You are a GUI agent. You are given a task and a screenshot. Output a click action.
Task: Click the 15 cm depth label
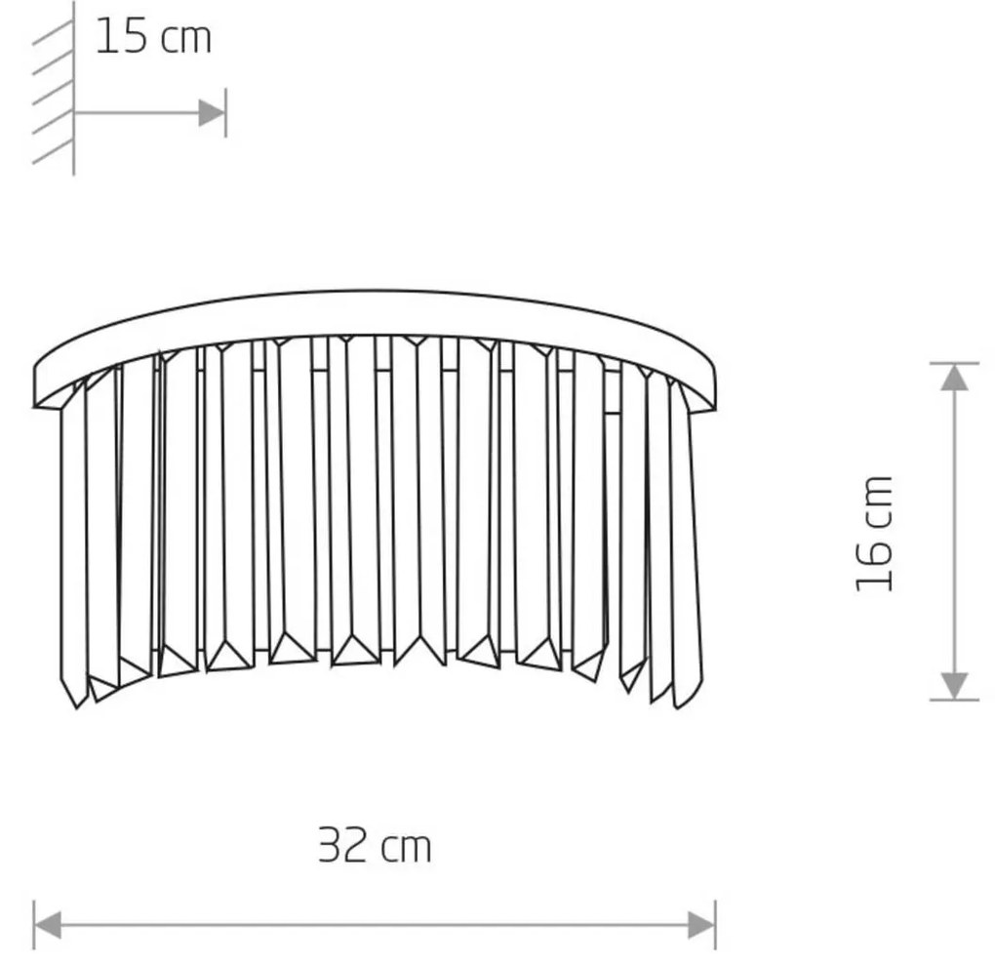[x=153, y=37]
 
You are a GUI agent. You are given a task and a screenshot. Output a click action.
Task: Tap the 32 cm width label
[x=375, y=845]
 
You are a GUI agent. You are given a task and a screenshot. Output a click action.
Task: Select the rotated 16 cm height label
[x=874, y=534]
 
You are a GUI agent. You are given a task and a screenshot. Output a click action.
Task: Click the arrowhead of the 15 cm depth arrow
[x=212, y=113]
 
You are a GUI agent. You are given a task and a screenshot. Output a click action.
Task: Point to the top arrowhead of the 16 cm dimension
[x=954, y=378]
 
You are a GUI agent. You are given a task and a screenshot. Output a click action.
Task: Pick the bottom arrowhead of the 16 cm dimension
[x=954, y=686]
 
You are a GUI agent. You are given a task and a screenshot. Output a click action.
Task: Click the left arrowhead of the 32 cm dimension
[x=48, y=924]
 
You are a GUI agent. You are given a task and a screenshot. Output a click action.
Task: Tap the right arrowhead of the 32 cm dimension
[x=701, y=924]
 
